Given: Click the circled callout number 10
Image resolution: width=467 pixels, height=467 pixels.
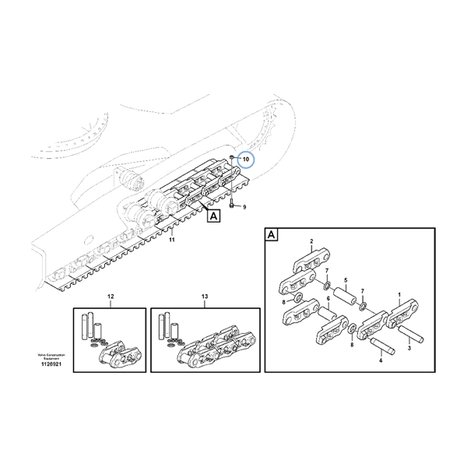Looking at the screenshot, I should pyautogui.click(x=246, y=160).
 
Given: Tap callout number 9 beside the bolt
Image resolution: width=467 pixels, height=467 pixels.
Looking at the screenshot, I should pyautogui.click(x=244, y=207).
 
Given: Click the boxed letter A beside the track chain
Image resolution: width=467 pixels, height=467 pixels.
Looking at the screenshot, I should pyautogui.click(x=212, y=218).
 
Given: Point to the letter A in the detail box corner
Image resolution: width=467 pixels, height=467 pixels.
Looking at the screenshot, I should pyautogui.click(x=272, y=234).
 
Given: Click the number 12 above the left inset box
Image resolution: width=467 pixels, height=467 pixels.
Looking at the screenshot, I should pyautogui.click(x=110, y=297).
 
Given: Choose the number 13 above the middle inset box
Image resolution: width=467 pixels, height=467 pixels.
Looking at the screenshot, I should pyautogui.click(x=204, y=297).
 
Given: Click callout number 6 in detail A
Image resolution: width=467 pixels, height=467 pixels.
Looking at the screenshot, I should pyautogui.click(x=328, y=299).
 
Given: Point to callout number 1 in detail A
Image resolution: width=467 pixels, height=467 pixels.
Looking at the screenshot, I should pyautogui.click(x=399, y=296).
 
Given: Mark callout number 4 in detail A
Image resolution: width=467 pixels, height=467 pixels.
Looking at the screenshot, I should pyautogui.click(x=381, y=360).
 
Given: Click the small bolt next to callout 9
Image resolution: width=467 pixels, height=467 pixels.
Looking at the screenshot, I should pyautogui.click(x=233, y=207).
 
